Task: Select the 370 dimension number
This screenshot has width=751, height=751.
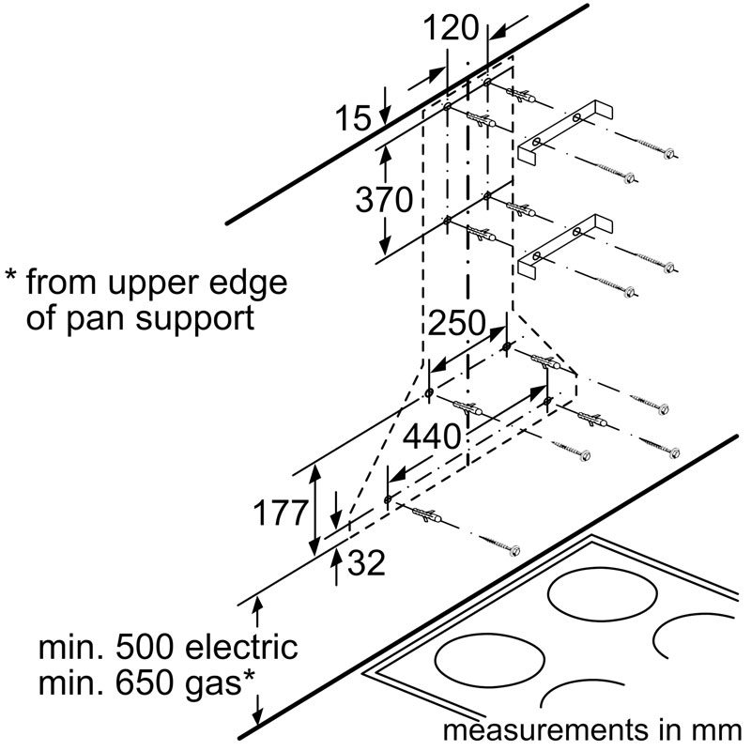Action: coord(383,200)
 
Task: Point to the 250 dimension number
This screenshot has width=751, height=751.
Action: coord(457,324)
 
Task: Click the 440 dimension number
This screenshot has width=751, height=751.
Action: coord(433,436)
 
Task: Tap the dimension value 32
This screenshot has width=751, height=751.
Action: coord(366,564)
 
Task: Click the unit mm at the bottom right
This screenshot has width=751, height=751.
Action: coord(719,730)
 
